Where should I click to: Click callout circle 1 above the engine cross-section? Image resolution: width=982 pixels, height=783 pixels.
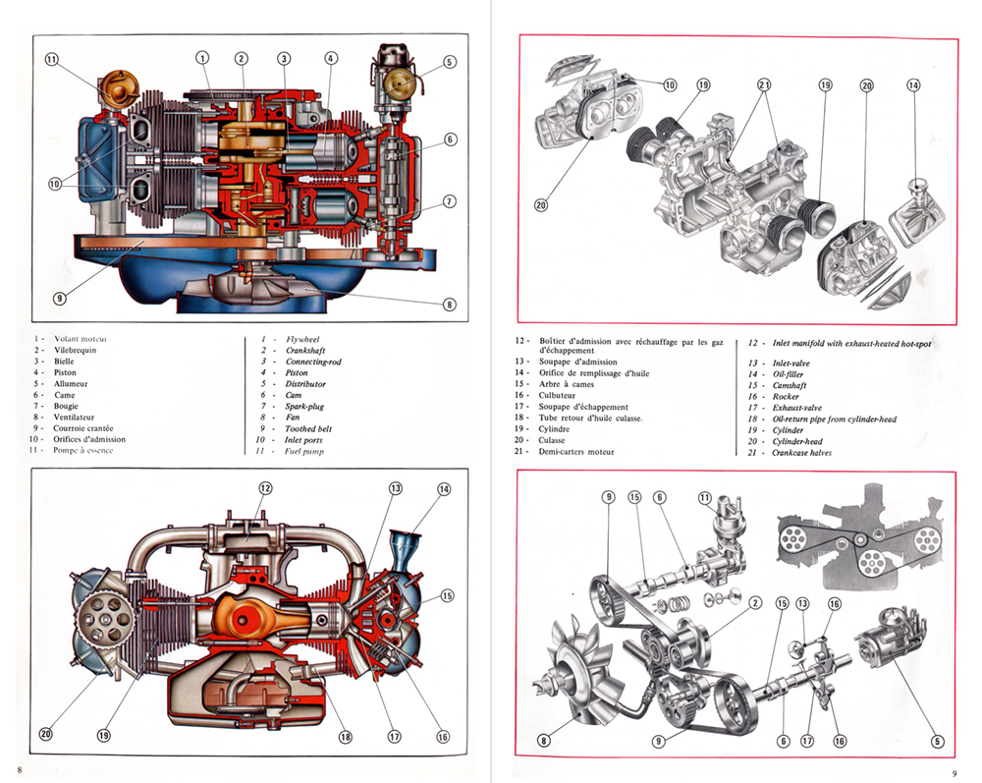click(x=203, y=58)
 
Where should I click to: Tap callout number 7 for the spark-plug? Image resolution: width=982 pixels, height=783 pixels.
click(x=449, y=201)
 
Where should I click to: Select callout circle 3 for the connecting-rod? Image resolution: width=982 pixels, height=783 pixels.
click(x=284, y=58)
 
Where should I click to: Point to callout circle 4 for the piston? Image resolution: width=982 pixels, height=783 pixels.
click(x=331, y=58)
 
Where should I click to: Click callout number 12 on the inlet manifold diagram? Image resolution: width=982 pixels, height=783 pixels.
click(x=265, y=488)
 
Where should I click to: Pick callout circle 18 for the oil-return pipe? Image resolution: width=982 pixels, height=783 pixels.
click(x=345, y=738)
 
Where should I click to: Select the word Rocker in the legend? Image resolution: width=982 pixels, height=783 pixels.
click(x=787, y=397)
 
